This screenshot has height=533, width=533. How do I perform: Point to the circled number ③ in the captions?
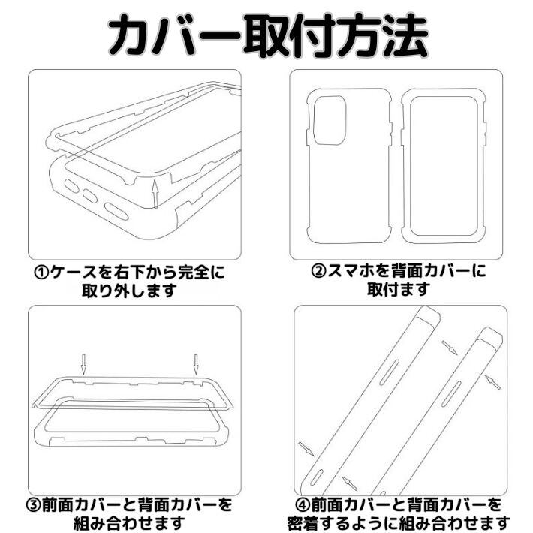(x=38, y=504)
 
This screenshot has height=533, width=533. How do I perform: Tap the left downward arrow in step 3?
(x=84, y=364)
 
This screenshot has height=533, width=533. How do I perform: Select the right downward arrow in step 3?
(x=195, y=364)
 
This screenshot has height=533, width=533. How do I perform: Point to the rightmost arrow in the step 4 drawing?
(x=494, y=381)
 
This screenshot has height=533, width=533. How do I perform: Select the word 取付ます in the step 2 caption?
(x=398, y=290)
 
